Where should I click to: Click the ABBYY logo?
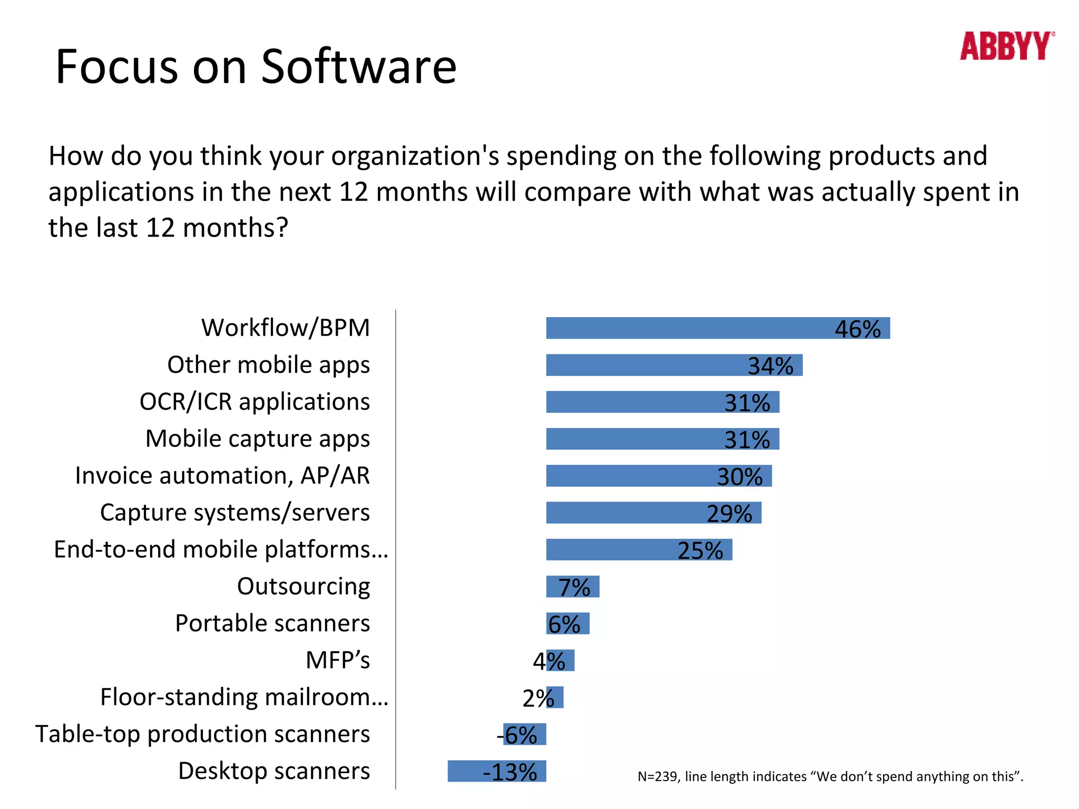(1006, 46)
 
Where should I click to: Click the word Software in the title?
(359, 67)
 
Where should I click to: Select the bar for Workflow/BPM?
(685, 328)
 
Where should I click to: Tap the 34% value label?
(770, 366)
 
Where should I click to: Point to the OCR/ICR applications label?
(254, 401)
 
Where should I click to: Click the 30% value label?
(739, 477)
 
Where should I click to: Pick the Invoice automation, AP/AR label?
(222, 476)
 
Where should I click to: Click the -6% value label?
(517, 735)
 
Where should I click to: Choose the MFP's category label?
(338, 660)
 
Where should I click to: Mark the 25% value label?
(700, 550)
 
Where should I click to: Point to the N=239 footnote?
(830, 776)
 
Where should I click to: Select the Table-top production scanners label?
(203, 734)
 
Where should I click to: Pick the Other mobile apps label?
(268, 364)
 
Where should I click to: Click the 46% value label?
(857, 329)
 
